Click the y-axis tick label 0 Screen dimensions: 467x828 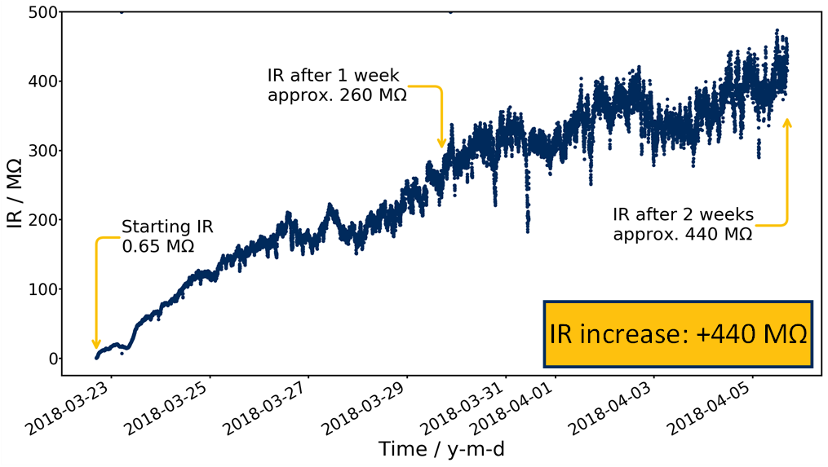51,359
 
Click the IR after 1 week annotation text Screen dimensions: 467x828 337,84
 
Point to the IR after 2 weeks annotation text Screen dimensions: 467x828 683,224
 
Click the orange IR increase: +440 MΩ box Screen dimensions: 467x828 678,334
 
